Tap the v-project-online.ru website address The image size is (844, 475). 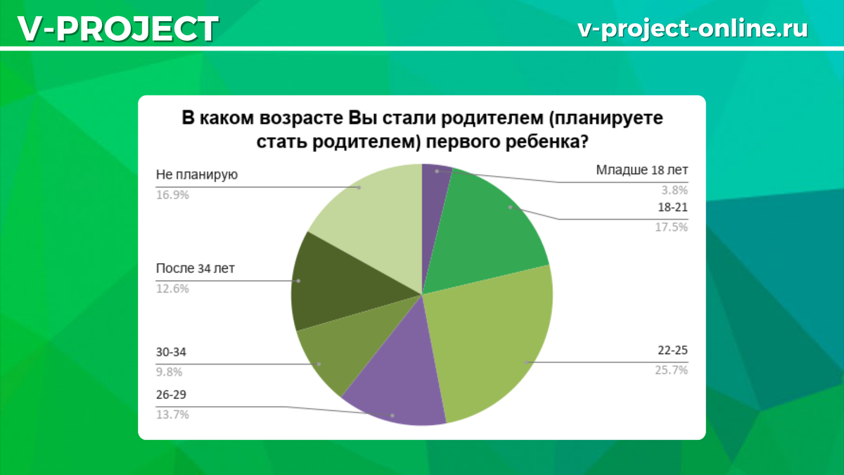click(x=692, y=28)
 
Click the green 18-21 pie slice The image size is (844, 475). click(x=492, y=225)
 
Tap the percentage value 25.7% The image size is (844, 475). click(x=671, y=369)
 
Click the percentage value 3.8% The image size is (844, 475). click(x=673, y=189)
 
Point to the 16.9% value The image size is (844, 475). click(x=172, y=195)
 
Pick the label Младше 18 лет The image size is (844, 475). click(x=641, y=170)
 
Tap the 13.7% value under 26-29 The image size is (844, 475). click(x=172, y=414)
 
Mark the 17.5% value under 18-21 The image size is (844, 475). click(x=671, y=227)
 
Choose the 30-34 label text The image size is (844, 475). click(x=170, y=352)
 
